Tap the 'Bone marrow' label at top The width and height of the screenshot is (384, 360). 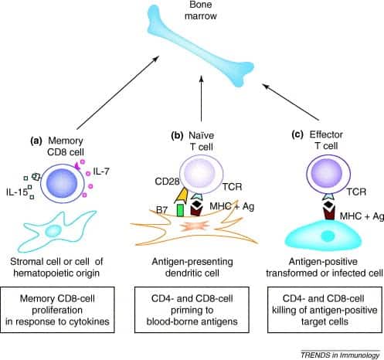[x=201, y=10]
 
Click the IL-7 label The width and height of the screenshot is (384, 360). [x=101, y=172]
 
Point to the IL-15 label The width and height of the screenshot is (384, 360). [x=17, y=192]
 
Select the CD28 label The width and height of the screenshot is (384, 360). [x=167, y=182]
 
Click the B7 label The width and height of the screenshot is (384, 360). [x=162, y=210]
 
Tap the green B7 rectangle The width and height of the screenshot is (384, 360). [x=180, y=210]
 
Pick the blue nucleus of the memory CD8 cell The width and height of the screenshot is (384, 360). [x=62, y=183]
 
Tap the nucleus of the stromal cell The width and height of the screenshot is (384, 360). [x=53, y=230]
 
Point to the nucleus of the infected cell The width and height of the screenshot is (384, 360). [x=328, y=236]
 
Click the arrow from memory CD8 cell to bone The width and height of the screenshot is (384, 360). [x=117, y=93]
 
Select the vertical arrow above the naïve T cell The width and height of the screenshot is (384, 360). [x=202, y=99]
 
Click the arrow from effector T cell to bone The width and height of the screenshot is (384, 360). [x=291, y=102]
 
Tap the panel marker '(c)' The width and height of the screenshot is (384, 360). [x=297, y=135]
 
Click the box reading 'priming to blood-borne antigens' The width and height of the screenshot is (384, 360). [x=192, y=310]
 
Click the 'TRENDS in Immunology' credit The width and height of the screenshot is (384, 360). [x=340, y=355]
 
